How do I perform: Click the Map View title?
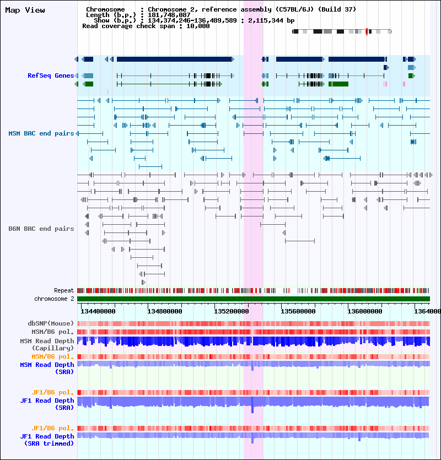point(25,10)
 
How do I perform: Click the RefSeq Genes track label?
point(51,75)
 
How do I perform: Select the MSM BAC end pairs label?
point(41,133)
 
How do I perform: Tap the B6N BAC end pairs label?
point(41,229)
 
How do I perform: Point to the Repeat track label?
point(64,290)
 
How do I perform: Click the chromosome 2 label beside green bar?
point(55,299)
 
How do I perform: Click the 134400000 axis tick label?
point(98,311)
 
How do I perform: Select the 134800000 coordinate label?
point(165,311)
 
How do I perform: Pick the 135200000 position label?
point(232,311)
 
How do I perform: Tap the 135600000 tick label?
point(298,311)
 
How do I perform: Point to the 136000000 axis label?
point(365,311)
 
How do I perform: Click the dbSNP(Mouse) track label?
point(51,323)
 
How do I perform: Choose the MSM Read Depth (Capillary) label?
point(47,345)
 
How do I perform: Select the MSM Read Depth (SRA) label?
point(47,368)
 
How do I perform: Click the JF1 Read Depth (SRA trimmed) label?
point(47,440)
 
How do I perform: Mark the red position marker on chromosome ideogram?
point(367,32)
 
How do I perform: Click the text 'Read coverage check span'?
point(128,26)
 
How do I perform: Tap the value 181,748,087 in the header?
point(169,15)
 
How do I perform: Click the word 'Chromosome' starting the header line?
point(105,9)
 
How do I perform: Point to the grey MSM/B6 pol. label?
point(53,332)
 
